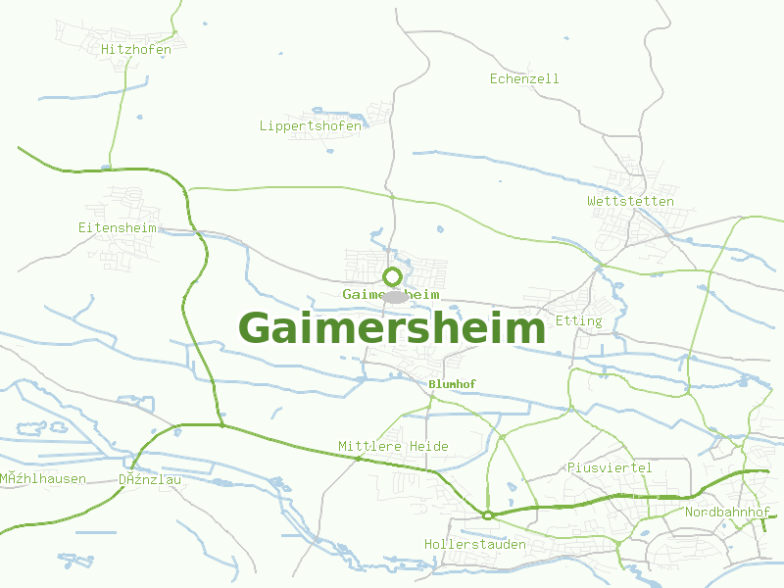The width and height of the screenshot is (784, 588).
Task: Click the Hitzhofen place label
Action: [x=136, y=49]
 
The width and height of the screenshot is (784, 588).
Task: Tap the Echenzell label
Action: [x=524, y=78]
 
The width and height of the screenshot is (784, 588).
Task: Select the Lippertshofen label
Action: [x=310, y=125]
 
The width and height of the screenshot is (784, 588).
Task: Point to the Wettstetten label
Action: [x=630, y=201]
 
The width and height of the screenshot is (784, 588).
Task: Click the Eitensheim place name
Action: [x=118, y=227]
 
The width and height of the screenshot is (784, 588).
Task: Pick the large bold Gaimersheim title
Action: [x=391, y=328]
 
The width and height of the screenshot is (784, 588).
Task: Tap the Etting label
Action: [x=578, y=320]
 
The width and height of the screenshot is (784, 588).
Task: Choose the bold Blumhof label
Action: [x=452, y=384]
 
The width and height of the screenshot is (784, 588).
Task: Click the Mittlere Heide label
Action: [x=393, y=446]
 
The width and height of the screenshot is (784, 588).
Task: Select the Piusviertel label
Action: [x=610, y=467]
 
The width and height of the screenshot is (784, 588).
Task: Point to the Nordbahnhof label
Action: [x=727, y=513]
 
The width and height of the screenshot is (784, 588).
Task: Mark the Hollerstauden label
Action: [x=474, y=544]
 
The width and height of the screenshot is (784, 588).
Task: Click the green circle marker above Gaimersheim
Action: [x=393, y=276]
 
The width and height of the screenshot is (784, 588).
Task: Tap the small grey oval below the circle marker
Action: [x=394, y=296]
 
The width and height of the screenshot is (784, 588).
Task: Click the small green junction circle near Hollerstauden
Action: [x=487, y=514]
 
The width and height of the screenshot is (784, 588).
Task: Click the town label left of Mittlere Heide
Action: [x=150, y=479]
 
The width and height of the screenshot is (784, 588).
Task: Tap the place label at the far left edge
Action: [x=43, y=479]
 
